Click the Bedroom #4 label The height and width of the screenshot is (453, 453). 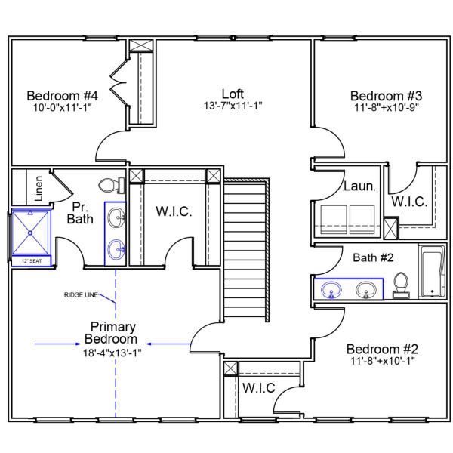[x=63, y=96]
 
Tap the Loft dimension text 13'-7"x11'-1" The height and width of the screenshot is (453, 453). [x=233, y=106]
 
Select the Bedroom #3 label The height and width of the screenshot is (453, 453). [x=386, y=96]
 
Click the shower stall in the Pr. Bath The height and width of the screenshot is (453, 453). [x=30, y=233]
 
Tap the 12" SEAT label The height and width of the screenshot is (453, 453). [x=30, y=261]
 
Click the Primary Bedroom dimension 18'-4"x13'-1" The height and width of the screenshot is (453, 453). [x=112, y=352]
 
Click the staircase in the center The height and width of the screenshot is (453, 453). [x=246, y=249]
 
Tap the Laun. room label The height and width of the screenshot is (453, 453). [x=359, y=186]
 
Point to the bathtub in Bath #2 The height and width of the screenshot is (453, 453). [x=432, y=272]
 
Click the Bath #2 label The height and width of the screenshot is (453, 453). [x=373, y=257]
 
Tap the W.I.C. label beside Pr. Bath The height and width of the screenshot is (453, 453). [x=174, y=211]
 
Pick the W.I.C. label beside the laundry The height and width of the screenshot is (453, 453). [x=409, y=202]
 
